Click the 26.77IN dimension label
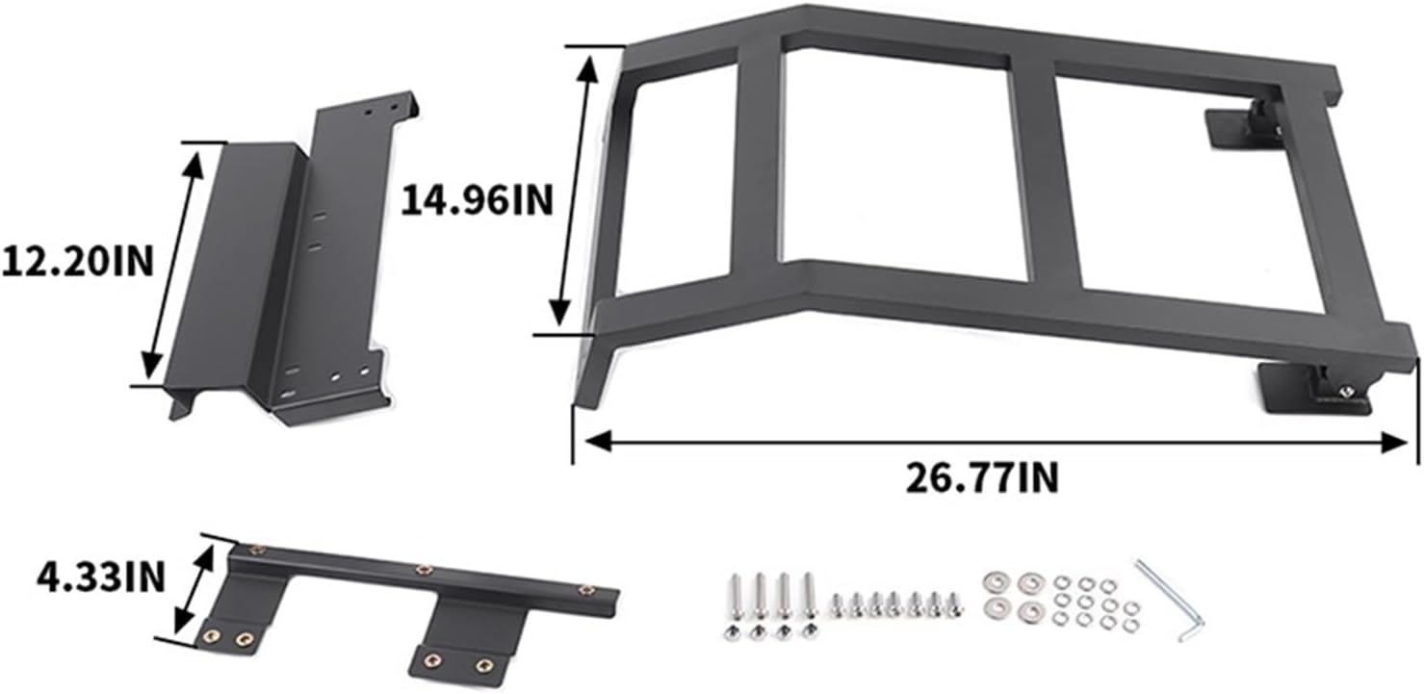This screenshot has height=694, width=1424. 981,477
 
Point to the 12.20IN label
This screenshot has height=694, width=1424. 77,261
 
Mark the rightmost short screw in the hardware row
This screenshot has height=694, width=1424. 953,604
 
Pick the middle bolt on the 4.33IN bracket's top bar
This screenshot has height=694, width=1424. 421,570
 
